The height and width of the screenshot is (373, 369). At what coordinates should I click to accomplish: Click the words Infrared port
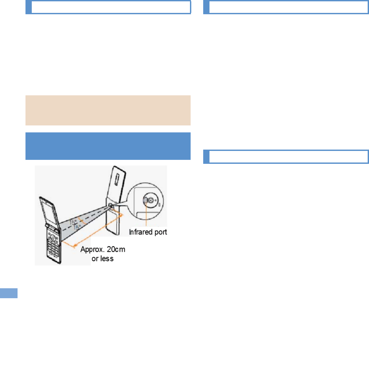pos(148,232)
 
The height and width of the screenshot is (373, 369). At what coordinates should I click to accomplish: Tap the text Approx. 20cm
pos(103,249)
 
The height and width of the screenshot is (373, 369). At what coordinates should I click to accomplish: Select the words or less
pos(103,258)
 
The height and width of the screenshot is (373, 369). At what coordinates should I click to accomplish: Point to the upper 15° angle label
pos(72,222)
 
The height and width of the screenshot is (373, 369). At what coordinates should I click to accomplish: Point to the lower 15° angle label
pos(76,228)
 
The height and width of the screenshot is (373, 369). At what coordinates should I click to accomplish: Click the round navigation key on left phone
pos(52,237)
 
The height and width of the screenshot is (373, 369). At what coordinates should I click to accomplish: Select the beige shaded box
pos(108,110)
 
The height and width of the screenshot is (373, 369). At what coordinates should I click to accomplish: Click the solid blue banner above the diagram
pos(108,146)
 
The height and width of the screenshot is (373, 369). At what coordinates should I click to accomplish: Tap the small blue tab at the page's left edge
pos(9,293)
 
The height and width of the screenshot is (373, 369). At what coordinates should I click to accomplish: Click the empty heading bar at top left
pos(108,7)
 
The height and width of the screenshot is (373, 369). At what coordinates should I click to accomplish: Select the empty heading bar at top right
pos(286,7)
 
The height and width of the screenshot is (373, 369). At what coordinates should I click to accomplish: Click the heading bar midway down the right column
pos(286,157)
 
